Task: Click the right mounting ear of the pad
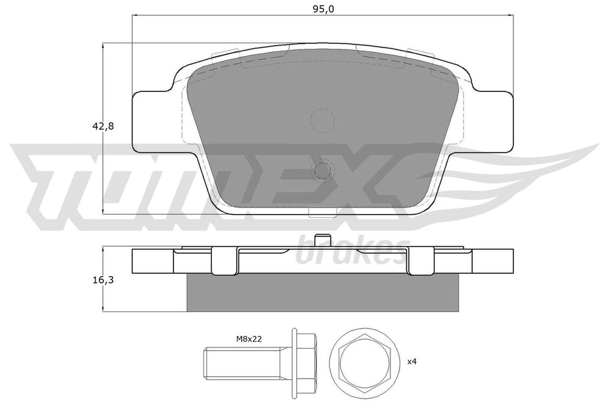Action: tap(492, 122)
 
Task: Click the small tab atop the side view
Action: tap(322, 241)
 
